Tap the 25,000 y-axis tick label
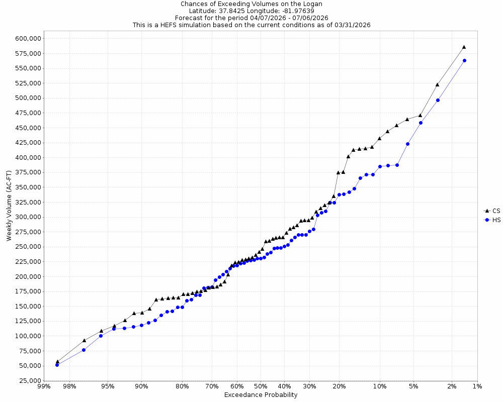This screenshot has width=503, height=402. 28,380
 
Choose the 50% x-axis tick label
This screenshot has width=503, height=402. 261,386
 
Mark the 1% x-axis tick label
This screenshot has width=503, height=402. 477,386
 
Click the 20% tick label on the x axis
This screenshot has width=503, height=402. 339,386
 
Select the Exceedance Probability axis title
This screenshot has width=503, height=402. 261,395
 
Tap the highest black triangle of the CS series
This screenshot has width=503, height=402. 464,47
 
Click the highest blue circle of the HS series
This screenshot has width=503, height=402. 464,60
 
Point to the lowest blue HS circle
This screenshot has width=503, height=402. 57,365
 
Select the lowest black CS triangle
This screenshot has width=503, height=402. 57,361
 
